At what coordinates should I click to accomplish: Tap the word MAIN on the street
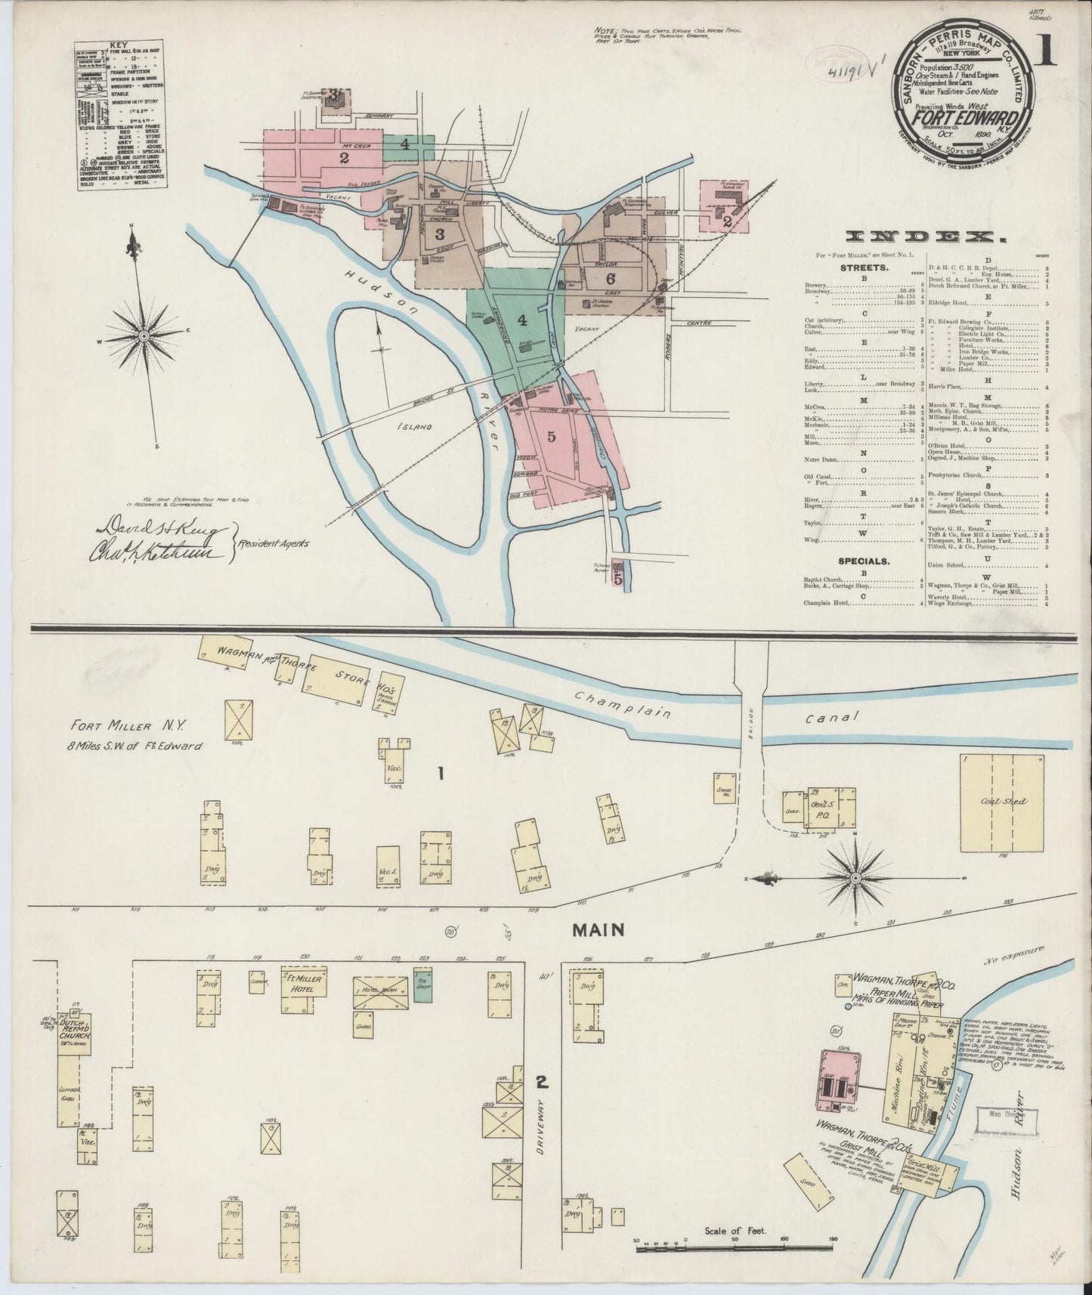597,930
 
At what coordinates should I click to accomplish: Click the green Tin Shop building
422,984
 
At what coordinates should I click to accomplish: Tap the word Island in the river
415,427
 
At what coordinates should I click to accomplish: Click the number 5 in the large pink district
551,436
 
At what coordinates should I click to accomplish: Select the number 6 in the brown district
611,277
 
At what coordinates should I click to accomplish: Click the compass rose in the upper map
143,333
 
